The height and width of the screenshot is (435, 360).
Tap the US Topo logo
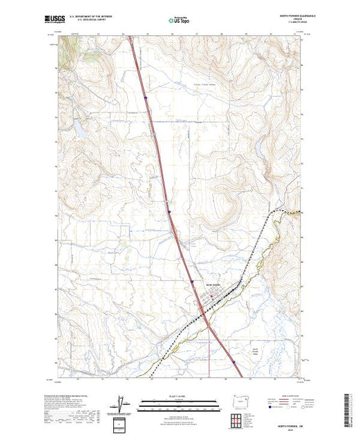[x=180, y=21]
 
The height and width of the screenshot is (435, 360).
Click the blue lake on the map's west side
[x=77, y=128]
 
